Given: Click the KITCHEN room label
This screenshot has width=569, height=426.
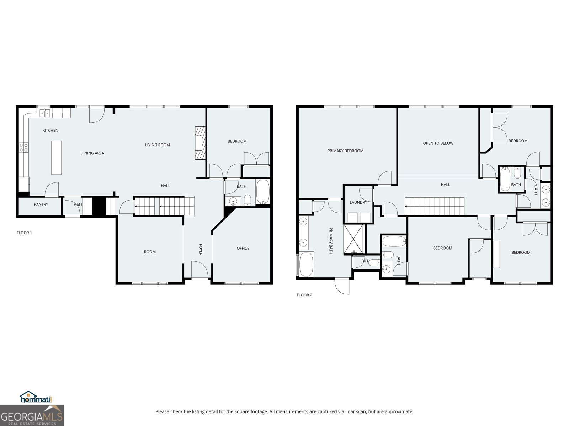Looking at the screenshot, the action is [50, 130].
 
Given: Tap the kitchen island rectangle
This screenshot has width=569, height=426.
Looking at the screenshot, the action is [56, 158].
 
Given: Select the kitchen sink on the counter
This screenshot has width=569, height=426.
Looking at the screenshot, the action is [45, 113].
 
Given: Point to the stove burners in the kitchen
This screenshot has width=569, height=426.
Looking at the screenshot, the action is [24, 147].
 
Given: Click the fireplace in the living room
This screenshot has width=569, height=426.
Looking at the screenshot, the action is [200, 143].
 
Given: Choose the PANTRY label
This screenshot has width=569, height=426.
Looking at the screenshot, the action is [41, 204].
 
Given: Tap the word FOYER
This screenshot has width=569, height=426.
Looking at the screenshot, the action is [200, 249].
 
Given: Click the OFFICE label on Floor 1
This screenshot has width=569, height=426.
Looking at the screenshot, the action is [243, 248].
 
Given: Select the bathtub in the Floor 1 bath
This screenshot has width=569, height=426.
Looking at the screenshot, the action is [263, 192].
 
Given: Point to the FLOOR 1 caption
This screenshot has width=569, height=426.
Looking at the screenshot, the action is [24, 233].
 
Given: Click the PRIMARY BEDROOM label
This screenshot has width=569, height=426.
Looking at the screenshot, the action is [345, 151].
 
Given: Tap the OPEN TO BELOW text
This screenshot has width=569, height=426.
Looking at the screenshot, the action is [438, 143].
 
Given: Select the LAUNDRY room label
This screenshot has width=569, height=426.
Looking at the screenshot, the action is [358, 202].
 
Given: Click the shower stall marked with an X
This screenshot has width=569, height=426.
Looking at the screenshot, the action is [353, 239].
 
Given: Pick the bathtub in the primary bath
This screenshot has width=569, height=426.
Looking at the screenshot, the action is [306, 264].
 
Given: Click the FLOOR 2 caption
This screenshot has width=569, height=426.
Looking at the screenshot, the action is [304, 295].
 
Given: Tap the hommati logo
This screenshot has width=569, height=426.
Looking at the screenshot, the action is [36, 397].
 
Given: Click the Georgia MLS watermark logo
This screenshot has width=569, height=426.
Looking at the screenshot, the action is [32, 415].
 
